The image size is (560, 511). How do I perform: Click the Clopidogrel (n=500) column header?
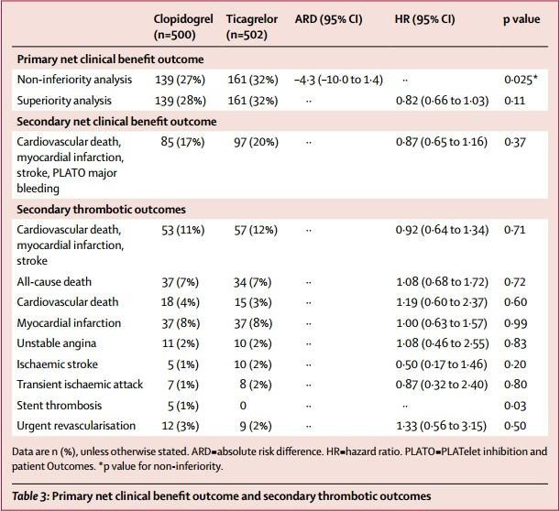point(183,27)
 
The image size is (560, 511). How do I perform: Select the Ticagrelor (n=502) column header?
point(252,27)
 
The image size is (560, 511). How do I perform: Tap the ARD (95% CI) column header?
point(328,19)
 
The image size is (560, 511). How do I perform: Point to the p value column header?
point(522,19)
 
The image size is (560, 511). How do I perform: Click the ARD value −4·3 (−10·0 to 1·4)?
point(338,80)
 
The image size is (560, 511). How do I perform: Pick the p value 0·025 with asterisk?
point(521,80)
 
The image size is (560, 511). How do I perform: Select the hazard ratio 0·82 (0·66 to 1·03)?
point(442,101)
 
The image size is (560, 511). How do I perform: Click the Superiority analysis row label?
point(64,101)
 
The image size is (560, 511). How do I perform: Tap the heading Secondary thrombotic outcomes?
point(101,210)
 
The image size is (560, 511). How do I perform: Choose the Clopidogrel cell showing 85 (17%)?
point(182,142)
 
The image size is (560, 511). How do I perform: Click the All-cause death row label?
point(54,282)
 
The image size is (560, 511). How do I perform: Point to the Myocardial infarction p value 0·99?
point(516,323)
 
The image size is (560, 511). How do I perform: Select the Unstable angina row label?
point(57,343)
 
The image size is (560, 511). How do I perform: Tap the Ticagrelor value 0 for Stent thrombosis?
point(243,406)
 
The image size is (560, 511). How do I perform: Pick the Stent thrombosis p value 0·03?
point(515,406)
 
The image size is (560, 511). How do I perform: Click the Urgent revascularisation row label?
point(76,426)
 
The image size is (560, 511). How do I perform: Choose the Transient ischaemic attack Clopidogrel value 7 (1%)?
point(183,385)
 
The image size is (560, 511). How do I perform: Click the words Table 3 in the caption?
point(30,496)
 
